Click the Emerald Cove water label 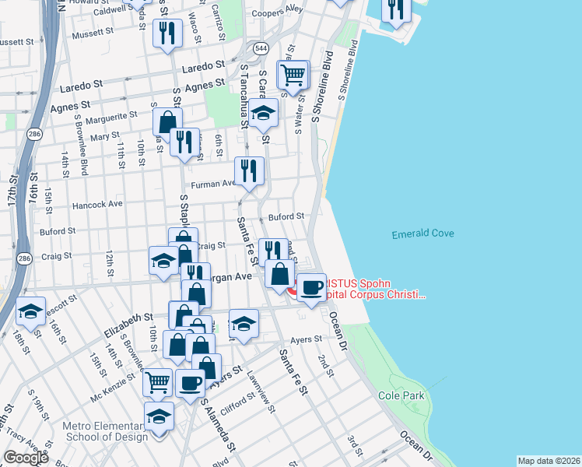tap(422, 233)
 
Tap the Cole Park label tap(402, 395)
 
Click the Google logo tap(25, 458)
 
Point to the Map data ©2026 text tap(549, 461)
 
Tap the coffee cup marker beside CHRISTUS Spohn tap(313, 288)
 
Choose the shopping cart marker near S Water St tap(293, 75)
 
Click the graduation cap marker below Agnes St tap(264, 114)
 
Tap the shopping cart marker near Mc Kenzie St tap(157, 383)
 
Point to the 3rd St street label tap(355, 447)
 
